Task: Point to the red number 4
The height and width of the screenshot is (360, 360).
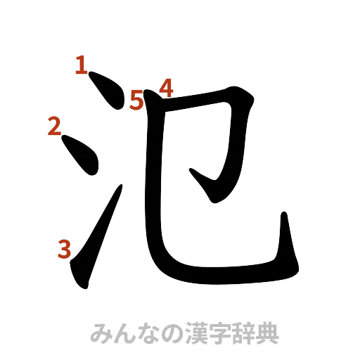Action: coord(166,87)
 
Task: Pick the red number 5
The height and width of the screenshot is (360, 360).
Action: coord(136,101)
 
